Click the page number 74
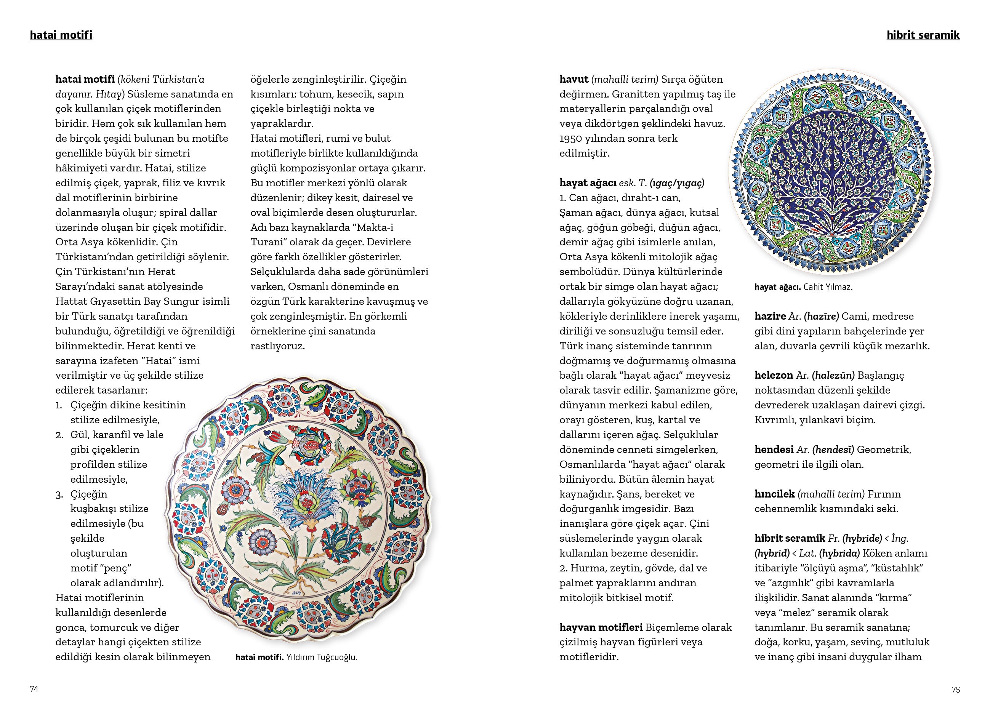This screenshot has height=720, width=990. pyautogui.click(x=34, y=689)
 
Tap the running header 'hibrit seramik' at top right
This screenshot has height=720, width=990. pyautogui.click(x=923, y=35)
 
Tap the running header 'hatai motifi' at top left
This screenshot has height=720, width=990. pyautogui.click(x=61, y=35)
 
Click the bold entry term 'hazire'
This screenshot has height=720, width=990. pyautogui.click(x=770, y=316)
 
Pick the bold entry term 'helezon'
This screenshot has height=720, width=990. pyautogui.click(x=774, y=375)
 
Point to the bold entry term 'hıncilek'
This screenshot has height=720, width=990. pyautogui.click(x=774, y=494)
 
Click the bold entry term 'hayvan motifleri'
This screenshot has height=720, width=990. pyautogui.click(x=601, y=627)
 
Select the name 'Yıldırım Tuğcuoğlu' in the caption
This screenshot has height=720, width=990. pyautogui.click(x=322, y=657)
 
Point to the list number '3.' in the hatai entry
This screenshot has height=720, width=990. pyautogui.click(x=60, y=494)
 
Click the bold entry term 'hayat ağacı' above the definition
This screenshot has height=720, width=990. pyautogui.click(x=588, y=183)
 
